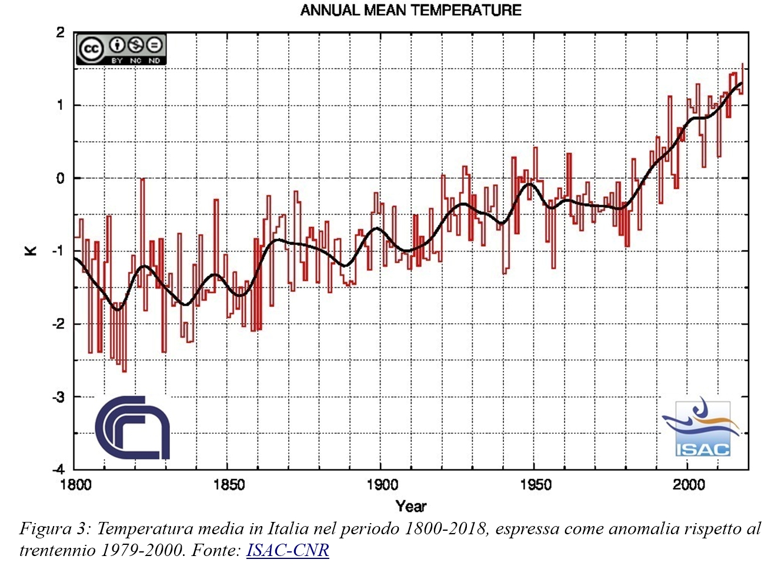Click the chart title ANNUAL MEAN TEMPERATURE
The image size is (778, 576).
point(410,10)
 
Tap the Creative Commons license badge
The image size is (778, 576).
point(121,49)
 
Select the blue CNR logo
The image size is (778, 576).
point(132,427)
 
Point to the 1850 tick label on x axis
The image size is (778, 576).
point(229,485)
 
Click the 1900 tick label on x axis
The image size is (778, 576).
point(382,485)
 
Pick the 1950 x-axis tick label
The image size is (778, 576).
point(536,485)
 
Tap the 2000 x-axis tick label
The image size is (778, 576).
point(689,485)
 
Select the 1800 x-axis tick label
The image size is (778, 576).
point(76,485)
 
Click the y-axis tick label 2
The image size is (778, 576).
point(60,33)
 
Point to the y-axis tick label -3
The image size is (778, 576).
point(58,397)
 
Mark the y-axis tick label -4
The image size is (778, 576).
point(58,470)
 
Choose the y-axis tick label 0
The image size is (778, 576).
point(60,179)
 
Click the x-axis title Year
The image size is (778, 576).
point(411,506)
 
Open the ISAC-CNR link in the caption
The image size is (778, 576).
point(288,550)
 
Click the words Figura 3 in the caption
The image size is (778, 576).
point(55,529)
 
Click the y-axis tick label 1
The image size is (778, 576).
point(60,106)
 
